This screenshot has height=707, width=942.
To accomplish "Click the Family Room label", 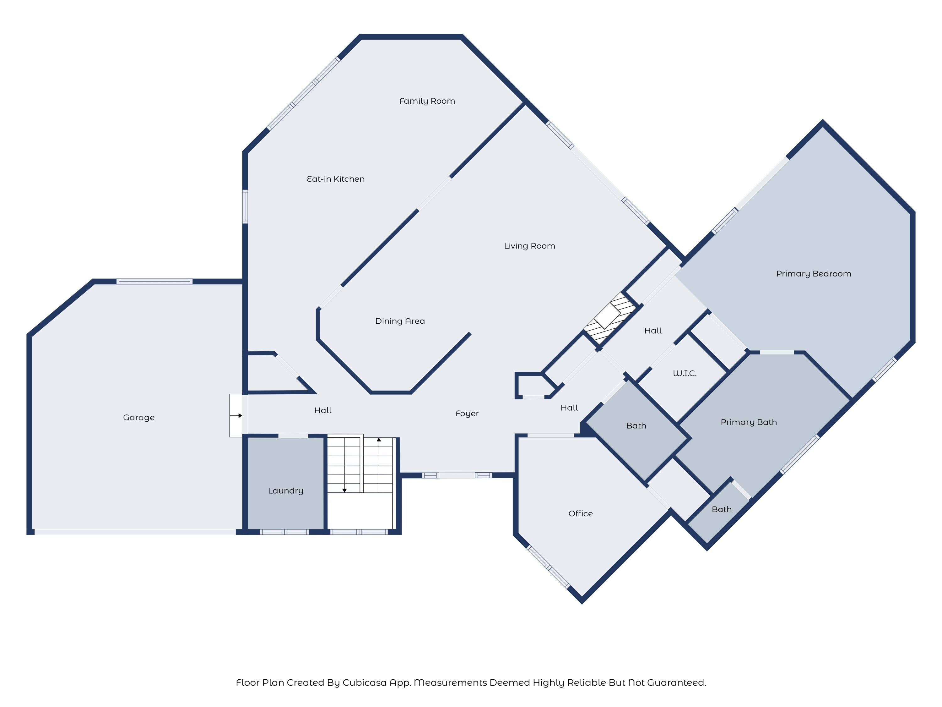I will [x=427, y=101].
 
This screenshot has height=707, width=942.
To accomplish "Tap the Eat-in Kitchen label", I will [x=336, y=179].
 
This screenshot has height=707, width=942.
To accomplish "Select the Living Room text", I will [x=529, y=246].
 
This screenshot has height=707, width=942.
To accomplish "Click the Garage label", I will [x=139, y=418].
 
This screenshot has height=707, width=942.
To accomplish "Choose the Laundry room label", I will [x=285, y=491].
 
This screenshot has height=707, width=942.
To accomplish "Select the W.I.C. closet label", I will [x=684, y=373].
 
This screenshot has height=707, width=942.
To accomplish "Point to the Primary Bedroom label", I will [x=813, y=274].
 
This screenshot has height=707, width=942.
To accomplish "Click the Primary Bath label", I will [x=748, y=422].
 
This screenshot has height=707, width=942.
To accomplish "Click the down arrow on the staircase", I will [x=344, y=490].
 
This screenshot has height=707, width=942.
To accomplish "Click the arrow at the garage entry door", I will [x=240, y=415].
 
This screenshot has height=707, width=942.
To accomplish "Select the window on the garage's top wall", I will [x=154, y=281].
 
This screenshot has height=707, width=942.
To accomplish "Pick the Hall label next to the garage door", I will [x=323, y=410].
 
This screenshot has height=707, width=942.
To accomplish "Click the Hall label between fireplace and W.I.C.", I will [x=653, y=331].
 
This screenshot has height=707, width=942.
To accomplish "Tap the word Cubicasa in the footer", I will [x=370, y=683].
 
